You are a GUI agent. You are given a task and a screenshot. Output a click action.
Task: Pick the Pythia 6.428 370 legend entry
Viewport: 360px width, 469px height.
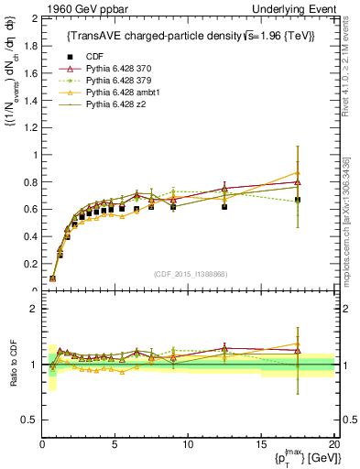(x=121, y=69)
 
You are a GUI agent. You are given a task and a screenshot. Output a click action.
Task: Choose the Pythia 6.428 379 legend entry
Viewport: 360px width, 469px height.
(x=121, y=81)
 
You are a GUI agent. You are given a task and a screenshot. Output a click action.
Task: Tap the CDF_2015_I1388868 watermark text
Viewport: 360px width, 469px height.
(x=189, y=274)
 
